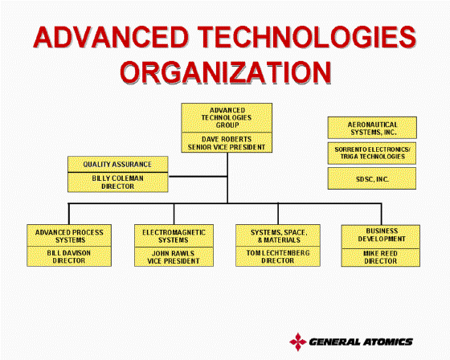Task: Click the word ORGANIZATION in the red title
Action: [226, 72]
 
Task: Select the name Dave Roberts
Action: [227, 139]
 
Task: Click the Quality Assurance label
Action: [117, 164]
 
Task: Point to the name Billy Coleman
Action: [117, 178]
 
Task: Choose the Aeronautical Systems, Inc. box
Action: [372, 128]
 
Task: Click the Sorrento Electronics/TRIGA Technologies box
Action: [372, 153]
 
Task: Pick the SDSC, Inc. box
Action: [372, 178]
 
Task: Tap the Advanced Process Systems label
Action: [69, 236]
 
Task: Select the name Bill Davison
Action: [69, 253]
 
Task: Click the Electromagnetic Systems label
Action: [174, 236]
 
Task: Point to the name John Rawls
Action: [173, 253]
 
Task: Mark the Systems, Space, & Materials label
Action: [279, 236]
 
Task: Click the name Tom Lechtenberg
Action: [278, 253]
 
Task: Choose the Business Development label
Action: [382, 235]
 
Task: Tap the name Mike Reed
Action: [380, 253]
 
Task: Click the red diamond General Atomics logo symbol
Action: [298, 342]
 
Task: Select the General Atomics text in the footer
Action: [361, 342]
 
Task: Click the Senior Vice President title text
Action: [227, 147]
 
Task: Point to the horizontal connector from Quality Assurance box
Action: [198, 176]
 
